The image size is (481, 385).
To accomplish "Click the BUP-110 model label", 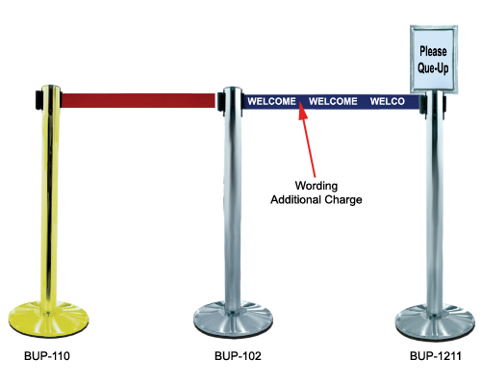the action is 47,356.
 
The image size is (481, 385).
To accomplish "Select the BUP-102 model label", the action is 238,356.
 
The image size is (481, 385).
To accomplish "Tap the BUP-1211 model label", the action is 436,356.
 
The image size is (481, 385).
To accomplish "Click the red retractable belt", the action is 138,100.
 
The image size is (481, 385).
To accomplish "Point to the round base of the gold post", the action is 48,319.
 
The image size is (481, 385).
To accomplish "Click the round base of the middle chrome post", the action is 233,319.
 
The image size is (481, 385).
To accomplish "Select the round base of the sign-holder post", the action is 435,321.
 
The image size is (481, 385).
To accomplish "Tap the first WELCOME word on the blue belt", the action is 271,101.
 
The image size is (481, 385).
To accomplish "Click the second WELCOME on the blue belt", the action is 333,101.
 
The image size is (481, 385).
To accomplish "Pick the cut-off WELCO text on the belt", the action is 388,101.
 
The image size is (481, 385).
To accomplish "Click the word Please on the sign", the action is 433,51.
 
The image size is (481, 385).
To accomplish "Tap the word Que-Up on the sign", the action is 433,68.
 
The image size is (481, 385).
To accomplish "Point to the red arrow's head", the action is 302,110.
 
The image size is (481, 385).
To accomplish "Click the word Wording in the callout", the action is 316,186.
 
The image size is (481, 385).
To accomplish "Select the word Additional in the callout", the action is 295,199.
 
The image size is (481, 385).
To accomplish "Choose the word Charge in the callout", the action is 343,200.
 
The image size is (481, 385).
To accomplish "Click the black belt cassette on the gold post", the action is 38,100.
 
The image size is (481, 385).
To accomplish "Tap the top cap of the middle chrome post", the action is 233,89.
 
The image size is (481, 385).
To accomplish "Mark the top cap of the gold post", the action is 51,88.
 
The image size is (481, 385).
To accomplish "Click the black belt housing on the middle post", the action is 220,101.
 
